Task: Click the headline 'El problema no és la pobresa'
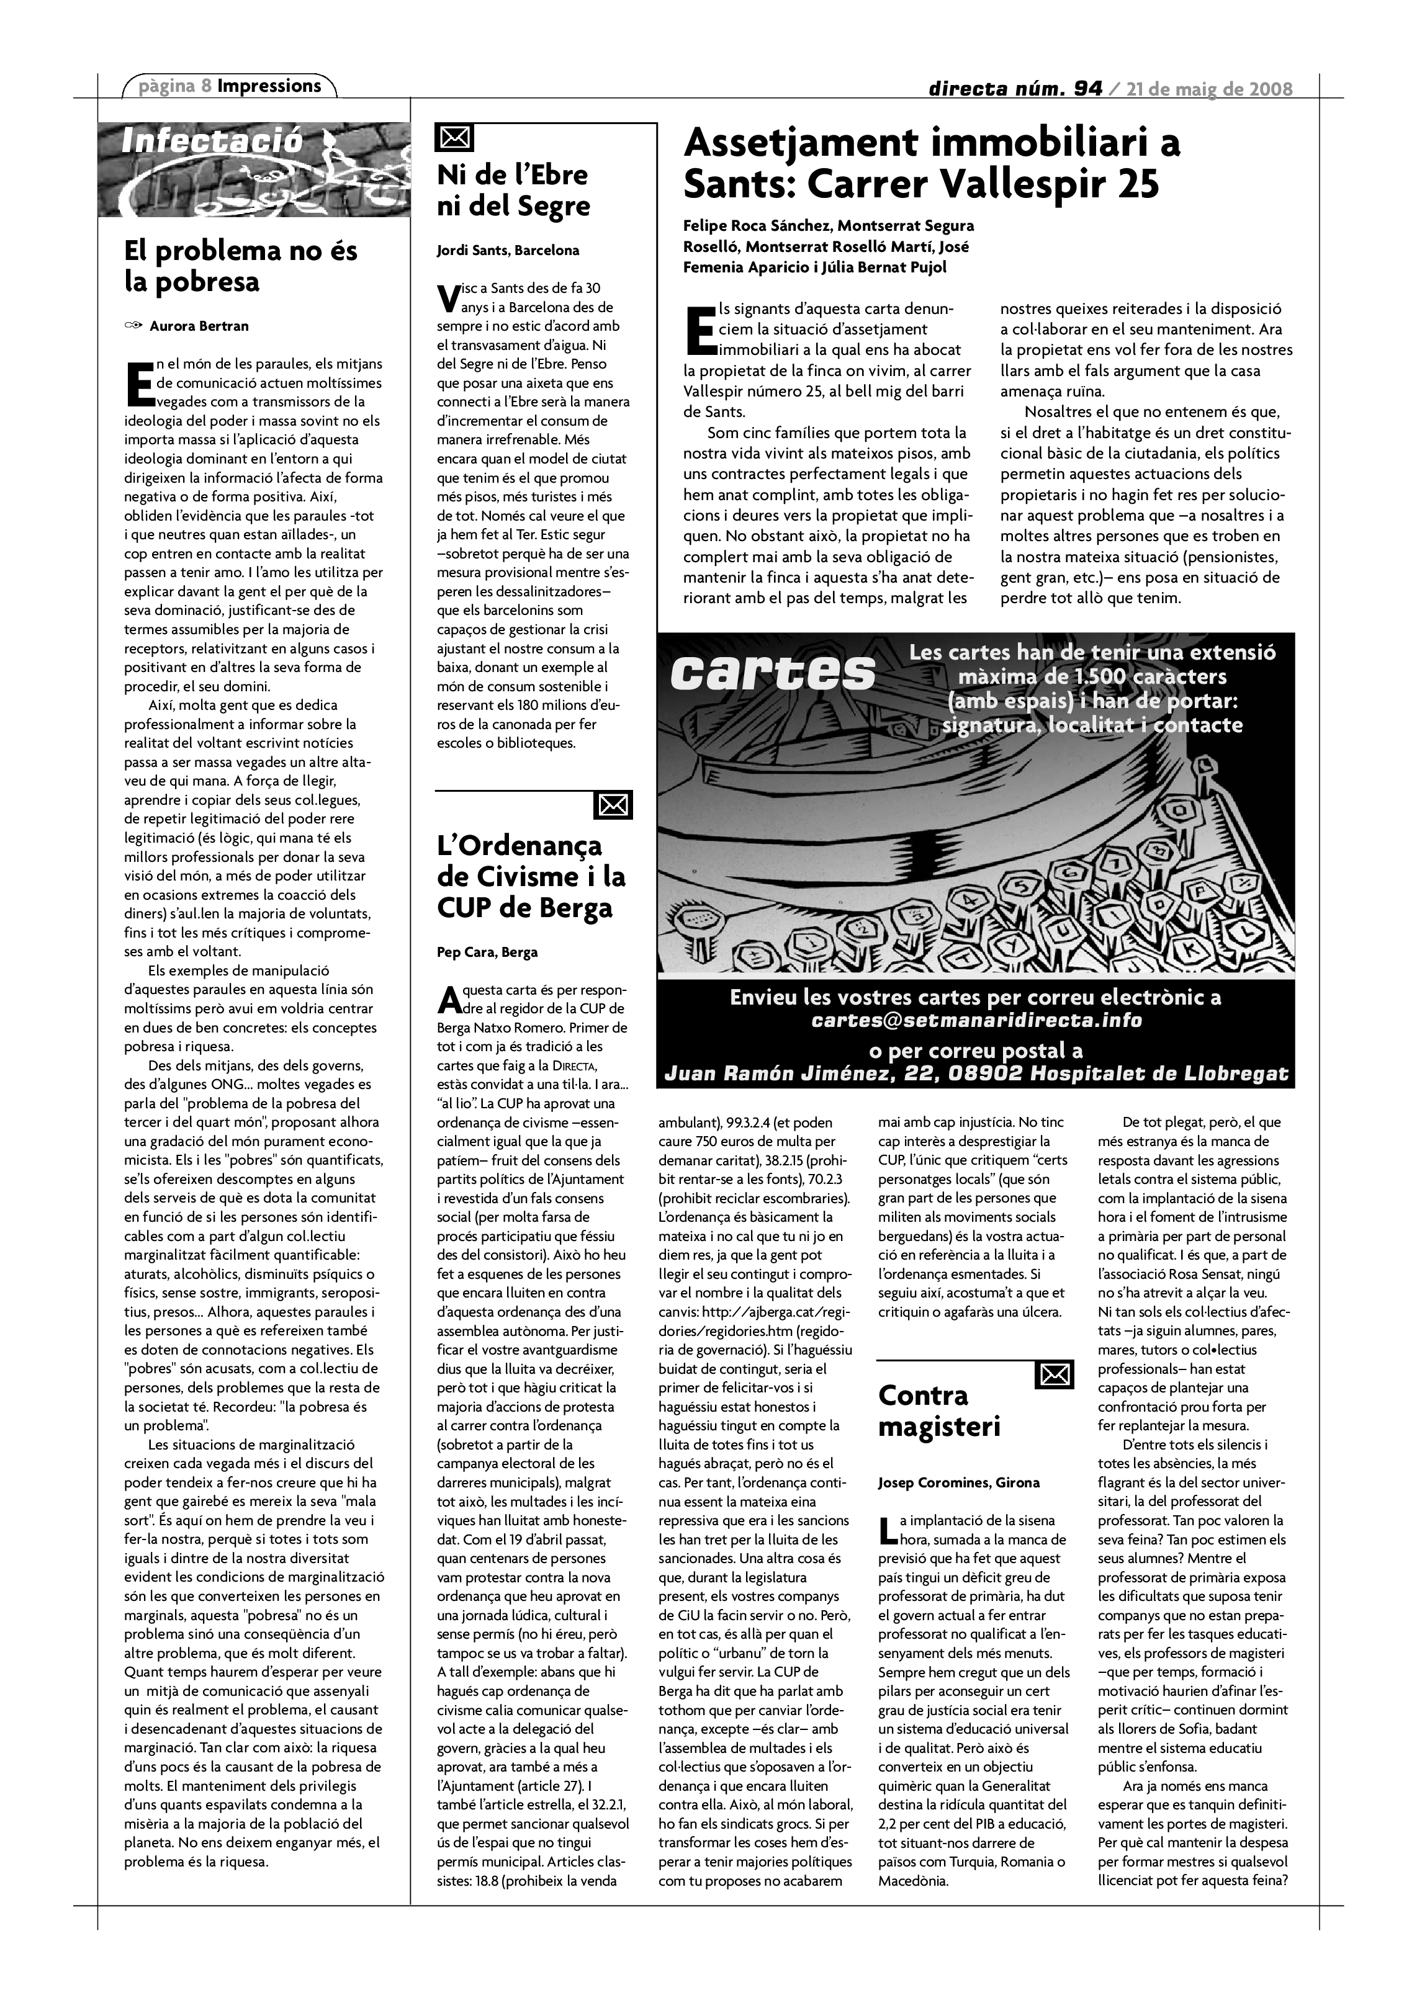tap(241, 266)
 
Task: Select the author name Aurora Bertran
tap(199, 326)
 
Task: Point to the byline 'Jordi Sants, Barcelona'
tap(508, 251)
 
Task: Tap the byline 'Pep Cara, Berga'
tap(487, 952)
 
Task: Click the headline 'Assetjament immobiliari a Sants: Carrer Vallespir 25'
tap(931, 163)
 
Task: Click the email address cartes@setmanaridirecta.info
tap(976, 1020)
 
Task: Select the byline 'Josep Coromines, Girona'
tap(958, 1482)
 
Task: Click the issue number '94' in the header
tap(1088, 88)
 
